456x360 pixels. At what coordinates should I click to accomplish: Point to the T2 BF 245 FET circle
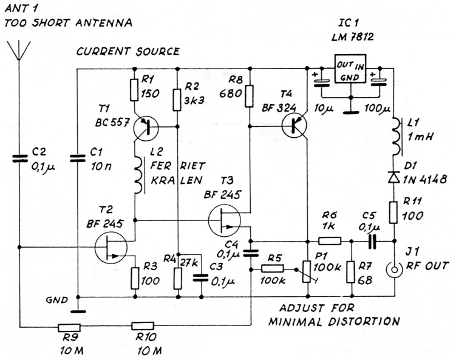coord(111,247)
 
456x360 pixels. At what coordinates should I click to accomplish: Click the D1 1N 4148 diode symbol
coord(392,178)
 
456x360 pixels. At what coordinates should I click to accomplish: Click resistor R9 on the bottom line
coord(73,327)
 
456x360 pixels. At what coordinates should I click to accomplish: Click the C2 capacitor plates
coord(19,158)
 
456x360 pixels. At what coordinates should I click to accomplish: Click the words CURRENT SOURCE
coord(128,52)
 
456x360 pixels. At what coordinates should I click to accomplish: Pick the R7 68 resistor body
coord(350,270)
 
